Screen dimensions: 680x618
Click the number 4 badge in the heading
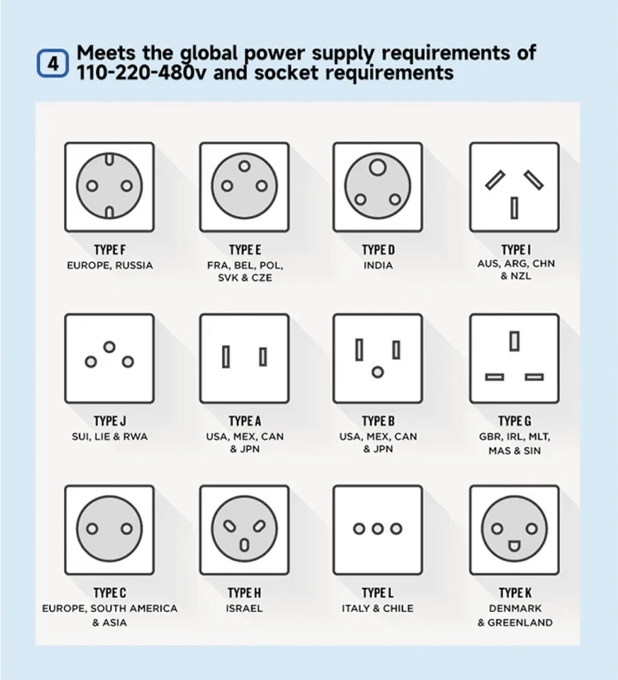pos(53,63)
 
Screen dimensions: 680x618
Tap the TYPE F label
pos(110,250)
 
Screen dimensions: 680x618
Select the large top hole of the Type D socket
pos(377,167)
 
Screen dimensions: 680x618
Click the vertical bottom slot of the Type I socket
pos(514,207)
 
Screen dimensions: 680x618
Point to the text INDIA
pos(378,265)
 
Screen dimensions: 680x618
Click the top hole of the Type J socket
pos(110,347)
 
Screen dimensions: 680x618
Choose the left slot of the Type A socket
pos(225,357)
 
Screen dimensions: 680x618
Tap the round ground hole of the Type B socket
pos(377,372)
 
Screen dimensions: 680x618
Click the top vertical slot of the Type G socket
pos(514,341)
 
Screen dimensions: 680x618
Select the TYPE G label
pos(515,421)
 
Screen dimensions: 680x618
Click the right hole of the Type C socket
pos(128,528)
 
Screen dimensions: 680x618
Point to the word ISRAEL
pos(244,608)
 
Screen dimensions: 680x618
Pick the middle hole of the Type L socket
pos(377,529)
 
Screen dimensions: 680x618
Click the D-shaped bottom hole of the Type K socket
pos(514,545)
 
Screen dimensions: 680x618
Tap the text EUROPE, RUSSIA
pos(110,265)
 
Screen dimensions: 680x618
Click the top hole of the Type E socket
pos(244,166)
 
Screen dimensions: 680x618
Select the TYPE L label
pos(377,592)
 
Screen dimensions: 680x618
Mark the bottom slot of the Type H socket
pos(244,545)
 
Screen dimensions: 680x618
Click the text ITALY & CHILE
pos(377,608)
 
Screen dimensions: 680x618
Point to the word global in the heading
pos(209,53)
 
